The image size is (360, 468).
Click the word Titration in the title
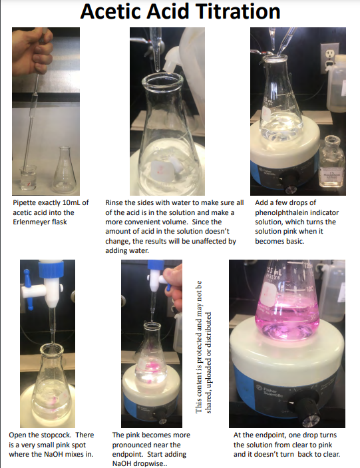(x=230, y=12)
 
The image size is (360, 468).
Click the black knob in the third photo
(x=291, y=179)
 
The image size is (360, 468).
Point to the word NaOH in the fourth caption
(x=56, y=454)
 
